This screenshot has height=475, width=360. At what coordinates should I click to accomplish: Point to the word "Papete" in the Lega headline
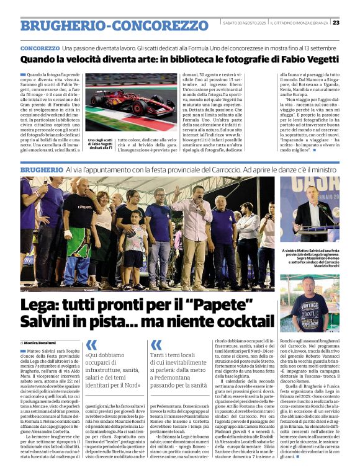point(230,306)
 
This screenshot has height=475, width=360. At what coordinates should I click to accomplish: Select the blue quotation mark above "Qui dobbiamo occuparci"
point(91,345)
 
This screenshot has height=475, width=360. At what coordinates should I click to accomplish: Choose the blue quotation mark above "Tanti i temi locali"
point(156,345)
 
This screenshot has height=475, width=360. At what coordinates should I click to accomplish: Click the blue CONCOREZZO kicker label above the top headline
point(40,48)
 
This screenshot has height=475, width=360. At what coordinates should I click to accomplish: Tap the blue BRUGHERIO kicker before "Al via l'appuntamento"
point(41,169)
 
